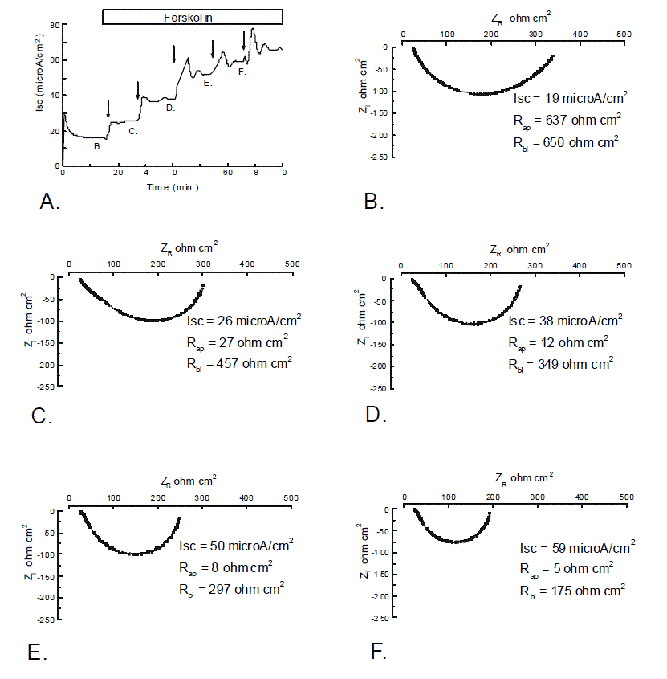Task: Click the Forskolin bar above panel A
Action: click(x=193, y=17)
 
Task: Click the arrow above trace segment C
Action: click(x=138, y=91)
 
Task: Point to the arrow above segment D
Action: click(x=174, y=55)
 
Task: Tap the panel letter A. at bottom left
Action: click(x=50, y=202)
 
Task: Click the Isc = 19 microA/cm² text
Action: click(x=570, y=98)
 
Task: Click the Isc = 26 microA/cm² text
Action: click(x=243, y=320)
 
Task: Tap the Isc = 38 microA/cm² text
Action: click(x=565, y=320)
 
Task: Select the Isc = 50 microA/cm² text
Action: click(x=236, y=546)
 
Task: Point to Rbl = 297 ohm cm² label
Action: click(x=233, y=588)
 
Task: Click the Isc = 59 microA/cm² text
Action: click(x=577, y=548)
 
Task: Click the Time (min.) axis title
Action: click(x=173, y=187)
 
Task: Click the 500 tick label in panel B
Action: click(x=622, y=34)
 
